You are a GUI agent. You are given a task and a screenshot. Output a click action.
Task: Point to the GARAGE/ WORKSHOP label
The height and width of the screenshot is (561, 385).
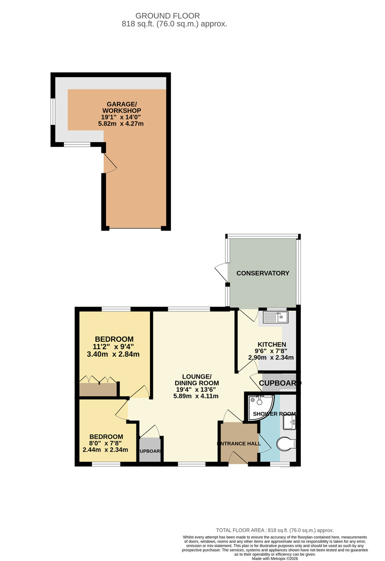[x=121, y=107]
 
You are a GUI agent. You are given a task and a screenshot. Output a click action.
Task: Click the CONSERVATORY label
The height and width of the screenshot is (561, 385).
[x=263, y=273]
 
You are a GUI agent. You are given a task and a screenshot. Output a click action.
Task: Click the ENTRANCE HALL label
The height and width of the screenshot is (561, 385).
[x=239, y=443]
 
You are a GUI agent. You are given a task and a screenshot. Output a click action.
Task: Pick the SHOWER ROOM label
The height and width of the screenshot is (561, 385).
[x=274, y=414]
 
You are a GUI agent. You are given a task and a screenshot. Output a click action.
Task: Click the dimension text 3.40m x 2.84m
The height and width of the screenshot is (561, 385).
[x=114, y=354]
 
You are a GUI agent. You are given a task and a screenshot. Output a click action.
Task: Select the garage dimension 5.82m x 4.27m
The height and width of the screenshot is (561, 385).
[x=121, y=124]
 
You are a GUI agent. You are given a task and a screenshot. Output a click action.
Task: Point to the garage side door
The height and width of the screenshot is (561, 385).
[x=108, y=164]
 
